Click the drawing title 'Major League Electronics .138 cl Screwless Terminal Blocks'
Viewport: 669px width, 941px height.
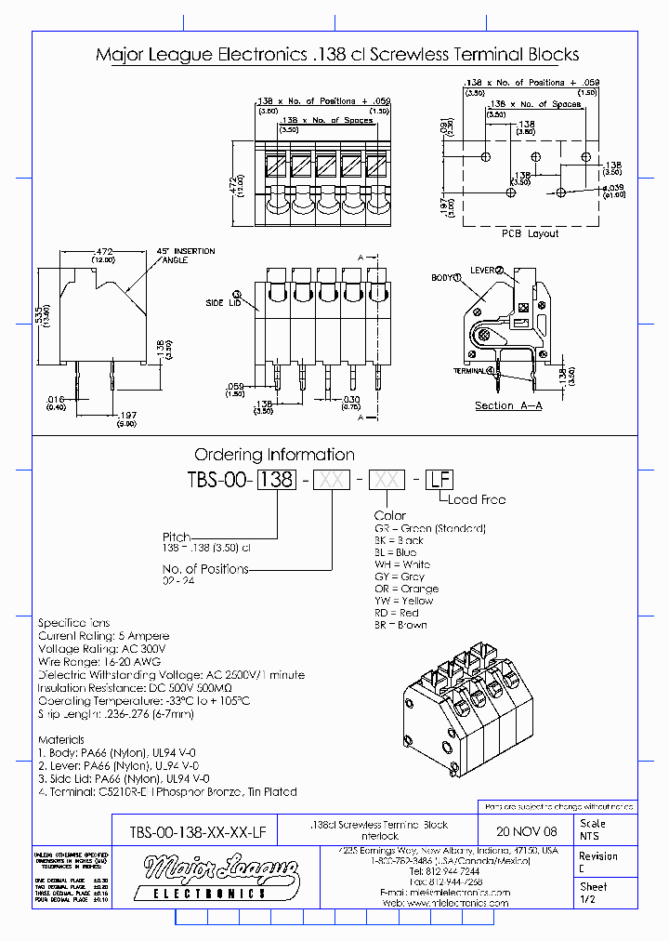(337, 55)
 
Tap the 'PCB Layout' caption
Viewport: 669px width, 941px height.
(531, 233)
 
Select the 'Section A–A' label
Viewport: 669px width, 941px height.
(508, 405)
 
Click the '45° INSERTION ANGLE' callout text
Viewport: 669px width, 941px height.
(187, 256)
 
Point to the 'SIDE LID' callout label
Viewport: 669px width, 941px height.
(223, 303)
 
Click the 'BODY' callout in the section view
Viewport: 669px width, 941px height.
(446, 278)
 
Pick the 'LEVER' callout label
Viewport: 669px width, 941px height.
(486, 270)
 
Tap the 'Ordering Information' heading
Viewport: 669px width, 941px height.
(274, 455)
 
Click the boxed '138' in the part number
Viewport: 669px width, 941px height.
(276, 480)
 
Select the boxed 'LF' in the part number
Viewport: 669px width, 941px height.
(439, 480)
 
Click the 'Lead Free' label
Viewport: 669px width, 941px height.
(476, 499)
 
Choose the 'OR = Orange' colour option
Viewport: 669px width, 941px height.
(408, 589)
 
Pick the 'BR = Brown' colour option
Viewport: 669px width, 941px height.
(401, 625)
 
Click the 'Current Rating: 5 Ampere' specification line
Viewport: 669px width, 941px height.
(103, 635)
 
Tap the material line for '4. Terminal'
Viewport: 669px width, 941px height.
(167, 791)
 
